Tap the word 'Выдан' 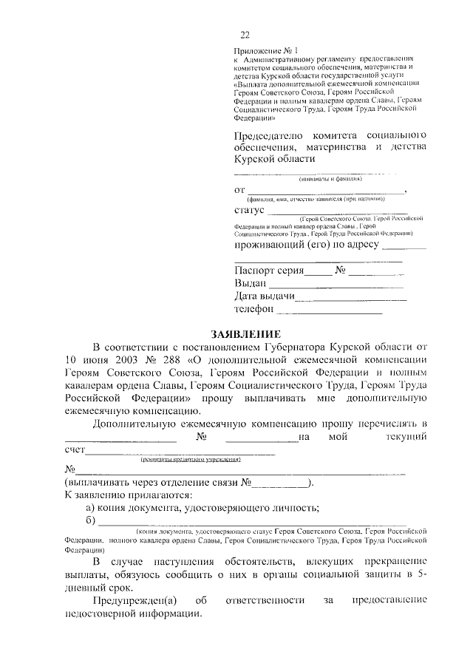click(250, 283)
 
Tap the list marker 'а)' click(92, 507)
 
